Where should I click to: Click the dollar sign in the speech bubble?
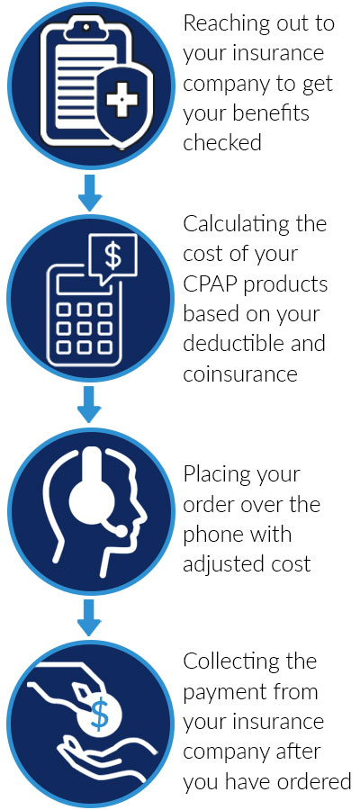112,256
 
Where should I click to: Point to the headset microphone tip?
121,530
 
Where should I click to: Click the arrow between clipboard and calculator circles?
89,192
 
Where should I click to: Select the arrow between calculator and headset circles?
89,404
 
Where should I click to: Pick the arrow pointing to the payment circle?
89,617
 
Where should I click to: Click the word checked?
222,142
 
